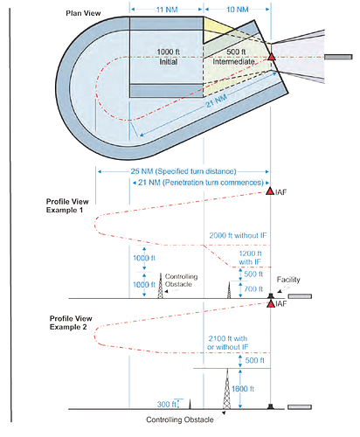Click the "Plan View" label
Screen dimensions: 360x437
coord(83,13)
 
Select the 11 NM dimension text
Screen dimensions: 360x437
coord(167,10)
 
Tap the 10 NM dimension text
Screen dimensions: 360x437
coord(238,10)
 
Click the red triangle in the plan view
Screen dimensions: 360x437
coord(272,57)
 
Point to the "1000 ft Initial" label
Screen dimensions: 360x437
coord(169,57)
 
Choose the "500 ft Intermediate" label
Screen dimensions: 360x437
coord(234,57)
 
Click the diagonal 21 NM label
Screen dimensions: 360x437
coord(217,101)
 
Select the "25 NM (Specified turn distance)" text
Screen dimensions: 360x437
coord(183,171)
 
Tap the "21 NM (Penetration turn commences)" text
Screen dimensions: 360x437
coord(201,183)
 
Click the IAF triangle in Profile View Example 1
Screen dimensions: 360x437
coord(270,191)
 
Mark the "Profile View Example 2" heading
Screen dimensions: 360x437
coord(71,323)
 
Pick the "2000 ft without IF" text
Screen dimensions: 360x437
coord(238,235)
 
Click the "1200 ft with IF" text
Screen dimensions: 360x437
coord(250,258)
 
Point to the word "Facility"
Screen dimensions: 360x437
coord(288,280)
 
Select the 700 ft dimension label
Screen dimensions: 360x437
coord(253,289)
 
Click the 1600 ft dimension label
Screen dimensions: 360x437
coord(243,389)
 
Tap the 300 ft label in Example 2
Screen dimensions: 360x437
coord(167,405)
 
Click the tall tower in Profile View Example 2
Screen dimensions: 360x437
coord(227,389)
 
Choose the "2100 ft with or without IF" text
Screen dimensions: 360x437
coord(228,343)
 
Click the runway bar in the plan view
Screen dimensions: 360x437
coord(338,57)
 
